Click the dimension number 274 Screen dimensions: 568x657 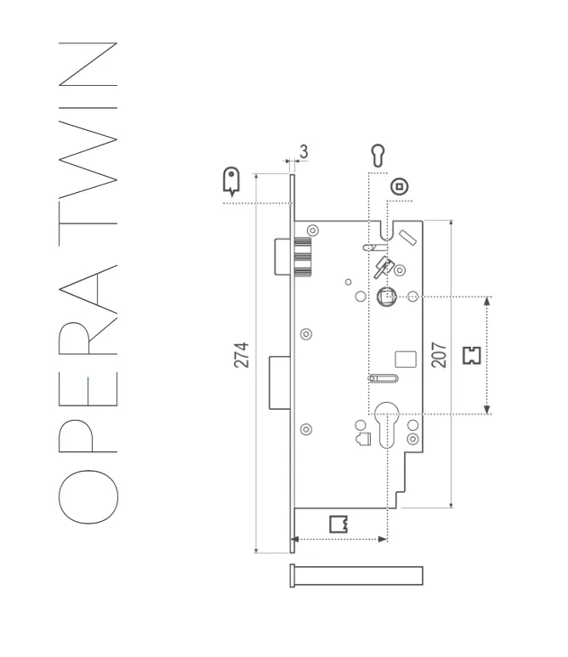(242, 354)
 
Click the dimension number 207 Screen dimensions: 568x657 (439, 354)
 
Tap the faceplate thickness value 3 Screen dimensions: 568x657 (304, 152)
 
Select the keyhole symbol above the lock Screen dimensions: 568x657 (378, 156)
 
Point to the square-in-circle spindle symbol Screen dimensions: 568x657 (398, 187)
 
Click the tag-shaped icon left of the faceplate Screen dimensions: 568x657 (230, 179)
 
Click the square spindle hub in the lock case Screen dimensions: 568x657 (386, 297)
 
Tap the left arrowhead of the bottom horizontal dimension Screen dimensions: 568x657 (295, 539)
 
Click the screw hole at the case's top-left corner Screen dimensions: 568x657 (313, 229)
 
